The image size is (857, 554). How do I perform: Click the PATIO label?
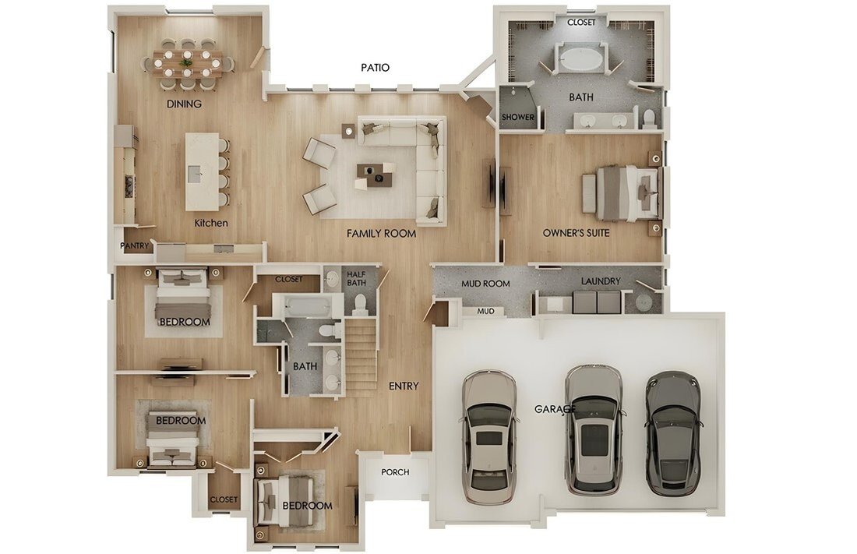coord(376,68)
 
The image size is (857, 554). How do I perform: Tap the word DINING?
coord(184,104)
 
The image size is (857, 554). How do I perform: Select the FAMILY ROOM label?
coord(382,234)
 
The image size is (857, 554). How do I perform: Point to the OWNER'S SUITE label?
coord(576,233)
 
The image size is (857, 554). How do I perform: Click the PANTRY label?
coord(135,246)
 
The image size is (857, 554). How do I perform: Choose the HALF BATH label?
coord(356,278)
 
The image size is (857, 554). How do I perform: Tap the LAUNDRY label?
coord(601,281)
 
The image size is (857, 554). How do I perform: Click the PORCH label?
coord(395,472)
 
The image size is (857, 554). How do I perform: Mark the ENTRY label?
coord(404,386)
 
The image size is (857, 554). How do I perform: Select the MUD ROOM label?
coord(485,284)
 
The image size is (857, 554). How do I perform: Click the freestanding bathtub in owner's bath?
coord(580,58)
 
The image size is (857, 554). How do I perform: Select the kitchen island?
coord(202,171)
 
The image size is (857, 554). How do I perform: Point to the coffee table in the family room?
coord(374,175)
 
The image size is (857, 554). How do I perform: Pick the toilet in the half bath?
coord(360,304)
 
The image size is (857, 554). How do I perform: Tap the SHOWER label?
coord(517,117)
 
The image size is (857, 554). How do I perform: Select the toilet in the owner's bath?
coord(649,117)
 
